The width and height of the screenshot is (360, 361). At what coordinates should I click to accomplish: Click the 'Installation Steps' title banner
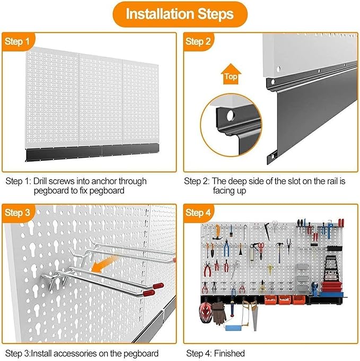tap(179, 14)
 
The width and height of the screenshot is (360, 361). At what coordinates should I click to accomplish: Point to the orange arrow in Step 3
tap(104, 265)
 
